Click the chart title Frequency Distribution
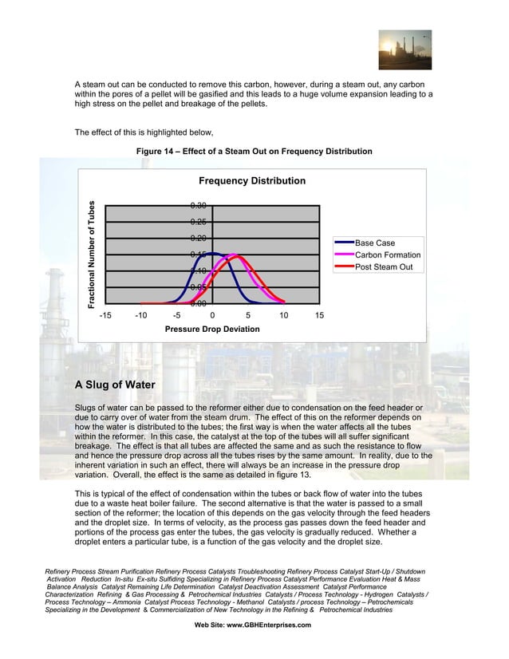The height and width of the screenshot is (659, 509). point(251,181)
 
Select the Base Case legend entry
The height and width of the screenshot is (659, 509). point(374,243)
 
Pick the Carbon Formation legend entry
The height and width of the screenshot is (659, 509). point(387,255)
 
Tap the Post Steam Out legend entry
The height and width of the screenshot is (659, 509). point(383,266)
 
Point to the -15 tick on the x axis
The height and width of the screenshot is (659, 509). point(105,316)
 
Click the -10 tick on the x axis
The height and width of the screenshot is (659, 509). point(140,316)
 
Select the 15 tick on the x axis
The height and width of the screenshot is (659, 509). point(319,316)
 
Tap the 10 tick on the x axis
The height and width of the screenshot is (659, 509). point(283,316)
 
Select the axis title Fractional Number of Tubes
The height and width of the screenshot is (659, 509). point(93,254)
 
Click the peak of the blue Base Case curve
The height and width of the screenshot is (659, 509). point(213,254)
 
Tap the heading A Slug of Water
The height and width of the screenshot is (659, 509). point(115,385)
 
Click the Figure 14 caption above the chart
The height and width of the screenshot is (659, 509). point(254,152)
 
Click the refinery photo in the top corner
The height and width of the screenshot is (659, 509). point(404,49)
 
